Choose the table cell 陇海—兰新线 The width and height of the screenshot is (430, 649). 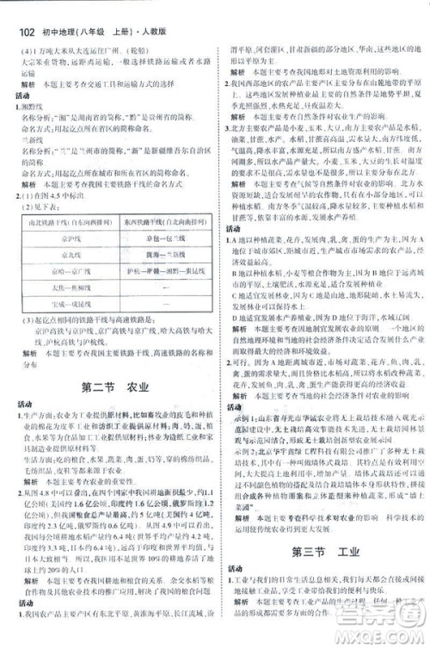[158, 252]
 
